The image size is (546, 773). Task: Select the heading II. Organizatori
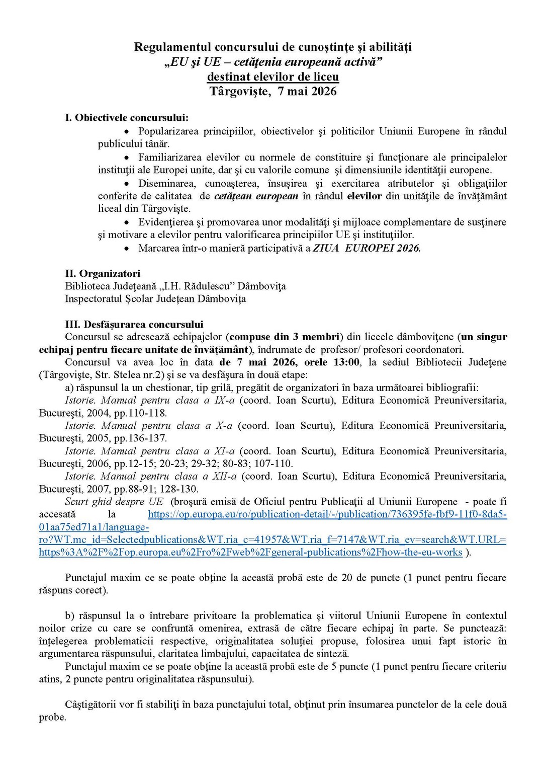103,274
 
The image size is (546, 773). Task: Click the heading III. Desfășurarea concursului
134,325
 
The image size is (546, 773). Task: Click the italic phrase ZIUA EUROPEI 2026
367,248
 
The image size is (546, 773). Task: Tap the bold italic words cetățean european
256,196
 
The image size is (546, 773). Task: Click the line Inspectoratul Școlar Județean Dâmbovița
155,299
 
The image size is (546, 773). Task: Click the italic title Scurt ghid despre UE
114,502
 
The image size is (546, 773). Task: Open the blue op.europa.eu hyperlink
327,514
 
